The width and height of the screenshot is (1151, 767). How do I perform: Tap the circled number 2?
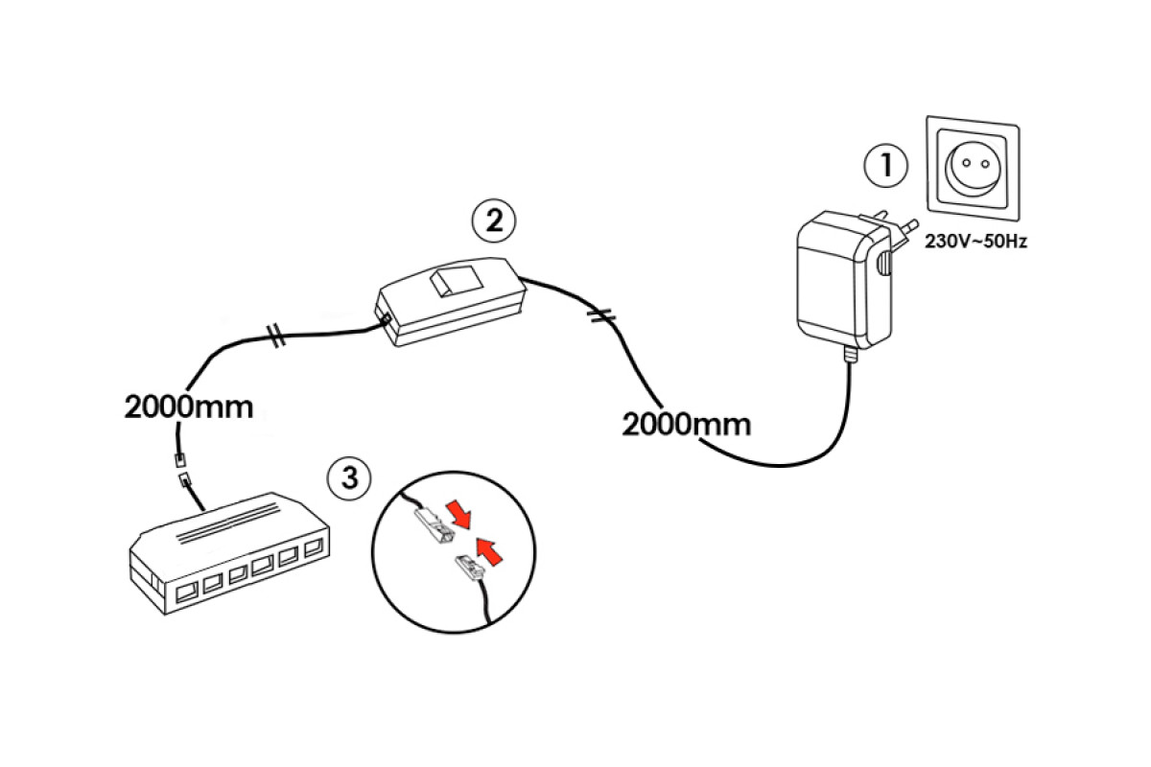pos(493,221)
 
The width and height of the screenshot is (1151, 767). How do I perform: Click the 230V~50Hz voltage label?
pos(975,242)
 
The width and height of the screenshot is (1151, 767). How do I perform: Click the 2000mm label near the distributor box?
pos(189,407)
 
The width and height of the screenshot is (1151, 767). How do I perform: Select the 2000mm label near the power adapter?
pos(687,423)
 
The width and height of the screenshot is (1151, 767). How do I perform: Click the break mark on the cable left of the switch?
pos(275,335)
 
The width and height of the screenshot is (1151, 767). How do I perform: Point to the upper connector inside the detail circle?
pos(430,525)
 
